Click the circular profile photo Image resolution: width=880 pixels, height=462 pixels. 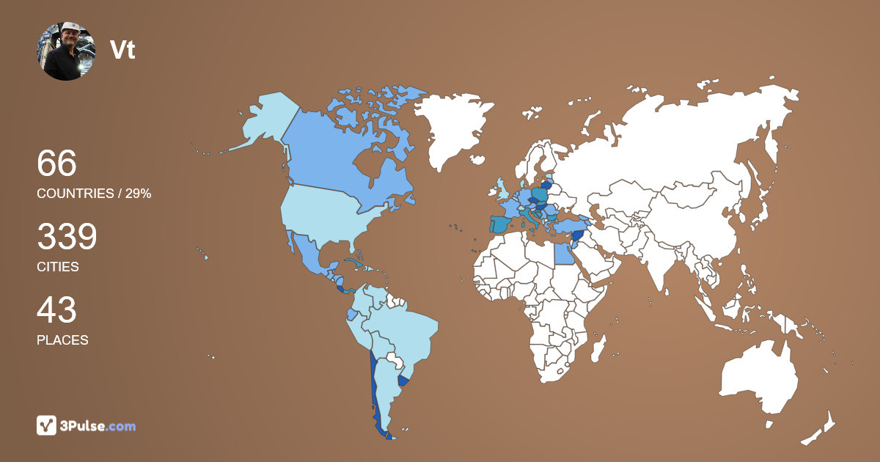66,51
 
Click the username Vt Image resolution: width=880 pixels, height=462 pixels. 122,50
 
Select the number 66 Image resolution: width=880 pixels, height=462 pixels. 56,163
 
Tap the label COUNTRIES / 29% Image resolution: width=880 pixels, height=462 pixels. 94,194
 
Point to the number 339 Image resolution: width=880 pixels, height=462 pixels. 67,237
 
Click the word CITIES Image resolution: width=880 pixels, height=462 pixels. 58,267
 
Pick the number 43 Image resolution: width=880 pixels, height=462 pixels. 56,310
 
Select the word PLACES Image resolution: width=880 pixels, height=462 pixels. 62,340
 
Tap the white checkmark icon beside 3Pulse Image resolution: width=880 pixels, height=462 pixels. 47,425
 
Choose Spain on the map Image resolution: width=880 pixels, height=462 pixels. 500,224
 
